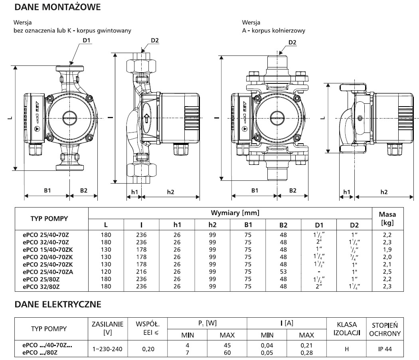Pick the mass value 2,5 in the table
click(x=393, y=272)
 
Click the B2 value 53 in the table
click(x=283, y=272)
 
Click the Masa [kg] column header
click(x=393, y=219)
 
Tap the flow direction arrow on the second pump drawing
click(x=146, y=118)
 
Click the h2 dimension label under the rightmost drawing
click(x=383, y=192)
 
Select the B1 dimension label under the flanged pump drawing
click(x=254, y=191)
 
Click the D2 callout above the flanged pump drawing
click(x=292, y=43)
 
